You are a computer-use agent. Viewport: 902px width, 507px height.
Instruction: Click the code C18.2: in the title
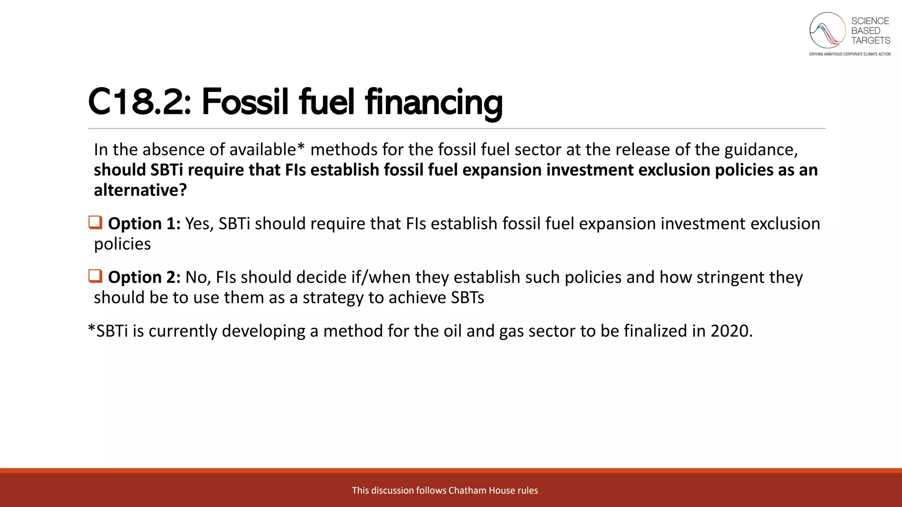click(x=140, y=102)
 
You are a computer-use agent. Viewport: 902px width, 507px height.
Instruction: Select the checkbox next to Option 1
click(x=95, y=222)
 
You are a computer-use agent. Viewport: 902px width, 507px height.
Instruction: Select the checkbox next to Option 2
click(x=95, y=276)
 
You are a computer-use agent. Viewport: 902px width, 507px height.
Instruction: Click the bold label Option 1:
click(x=144, y=224)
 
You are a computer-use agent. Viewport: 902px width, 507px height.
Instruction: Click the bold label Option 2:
click(x=144, y=277)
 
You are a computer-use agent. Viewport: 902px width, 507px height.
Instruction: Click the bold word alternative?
click(x=140, y=190)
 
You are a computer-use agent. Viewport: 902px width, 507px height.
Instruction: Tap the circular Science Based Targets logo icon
click(x=827, y=30)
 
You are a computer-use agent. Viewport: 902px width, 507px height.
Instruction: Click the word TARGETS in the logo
click(x=870, y=40)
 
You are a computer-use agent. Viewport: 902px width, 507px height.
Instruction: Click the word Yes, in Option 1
click(x=199, y=224)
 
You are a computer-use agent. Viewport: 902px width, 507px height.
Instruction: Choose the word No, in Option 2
click(x=198, y=277)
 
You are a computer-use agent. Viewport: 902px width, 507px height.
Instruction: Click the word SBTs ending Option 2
click(x=467, y=298)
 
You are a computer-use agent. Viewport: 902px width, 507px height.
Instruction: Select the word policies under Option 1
click(x=122, y=244)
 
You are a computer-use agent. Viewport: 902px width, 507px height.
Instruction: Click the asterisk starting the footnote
click(x=92, y=329)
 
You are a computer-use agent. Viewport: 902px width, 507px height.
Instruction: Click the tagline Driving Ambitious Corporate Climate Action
click(x=850, y=54)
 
